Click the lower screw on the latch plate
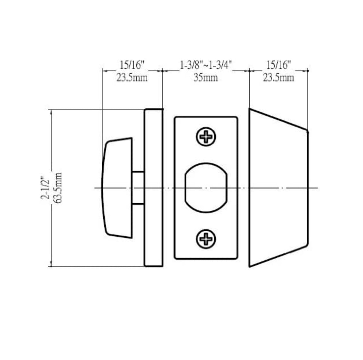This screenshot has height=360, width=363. tap(206, 239)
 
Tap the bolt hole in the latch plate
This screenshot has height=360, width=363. tap(206, 188)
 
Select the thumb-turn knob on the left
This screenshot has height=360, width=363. tap(118, 188)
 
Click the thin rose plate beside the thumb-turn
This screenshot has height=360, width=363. tap(154, 188)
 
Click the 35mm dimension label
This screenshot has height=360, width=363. tap(206, 78)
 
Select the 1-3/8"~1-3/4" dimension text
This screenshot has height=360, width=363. tap(206, 65)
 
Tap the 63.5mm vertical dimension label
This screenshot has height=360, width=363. tap(58, 188)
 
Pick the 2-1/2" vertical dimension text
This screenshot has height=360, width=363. tap(46, 188)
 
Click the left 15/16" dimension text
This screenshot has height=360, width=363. tap(132, 65)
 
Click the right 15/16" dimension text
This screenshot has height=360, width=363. tap(278, 65)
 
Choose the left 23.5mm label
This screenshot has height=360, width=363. tap(132, 78)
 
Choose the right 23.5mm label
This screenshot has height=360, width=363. tap(278, 78)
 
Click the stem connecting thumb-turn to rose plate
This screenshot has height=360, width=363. tap(138, 188)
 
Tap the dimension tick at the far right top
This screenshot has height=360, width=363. tap(308, 71)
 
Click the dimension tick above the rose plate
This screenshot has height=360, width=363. tap(162, 71)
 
